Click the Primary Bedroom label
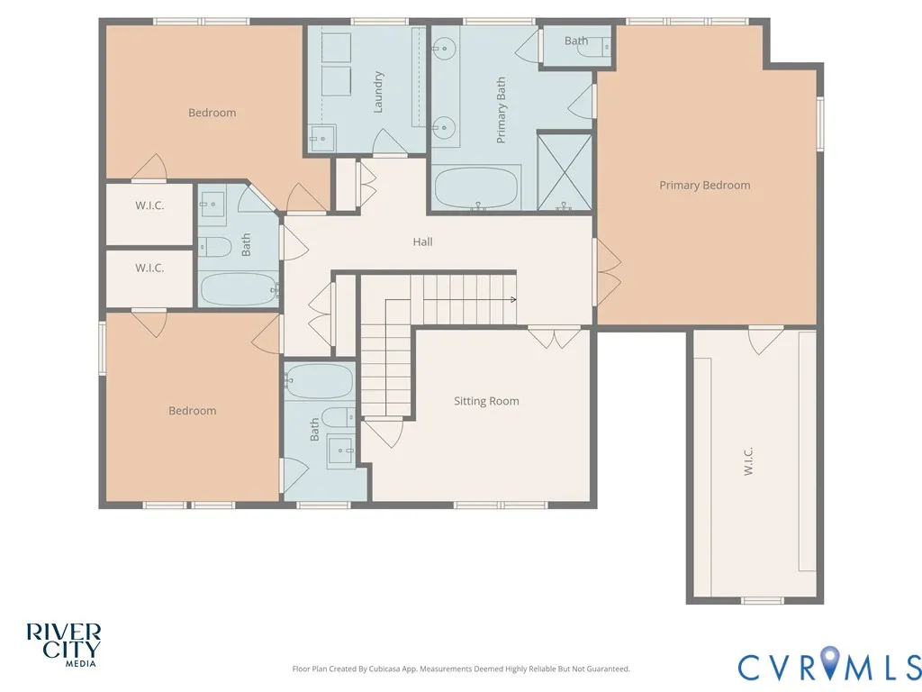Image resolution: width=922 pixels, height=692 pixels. click(704, 186)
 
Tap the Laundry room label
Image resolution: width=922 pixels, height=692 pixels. click(378, 92)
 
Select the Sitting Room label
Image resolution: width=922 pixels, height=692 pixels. click(486, 401)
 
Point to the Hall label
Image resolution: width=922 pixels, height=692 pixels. click(422, 241)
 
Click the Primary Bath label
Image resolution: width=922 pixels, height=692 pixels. click(501, 110)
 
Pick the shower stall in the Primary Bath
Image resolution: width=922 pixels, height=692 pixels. click(565, 171)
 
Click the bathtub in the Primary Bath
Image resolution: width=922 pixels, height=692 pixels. click(476, 188)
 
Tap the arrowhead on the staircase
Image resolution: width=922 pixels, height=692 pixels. click(513, 299)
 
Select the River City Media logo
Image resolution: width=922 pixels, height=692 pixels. click(64, 645)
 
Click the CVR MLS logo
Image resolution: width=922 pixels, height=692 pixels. click(829, 664)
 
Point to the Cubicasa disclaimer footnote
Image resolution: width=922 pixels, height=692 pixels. click(461, 669)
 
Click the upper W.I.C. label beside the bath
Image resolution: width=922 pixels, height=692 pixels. click(149, 205)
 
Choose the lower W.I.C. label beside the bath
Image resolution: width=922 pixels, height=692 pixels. click(149, 268)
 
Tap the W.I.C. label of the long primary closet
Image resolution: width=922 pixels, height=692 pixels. click(748, 461)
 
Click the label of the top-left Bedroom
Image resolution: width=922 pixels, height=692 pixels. click(212, 113)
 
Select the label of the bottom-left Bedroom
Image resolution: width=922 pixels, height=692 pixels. click(193, 411)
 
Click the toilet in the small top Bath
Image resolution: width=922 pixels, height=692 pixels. click(594, 47)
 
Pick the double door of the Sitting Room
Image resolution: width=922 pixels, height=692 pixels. click(554, 337)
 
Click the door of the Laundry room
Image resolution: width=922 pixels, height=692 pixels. click(389, 141)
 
